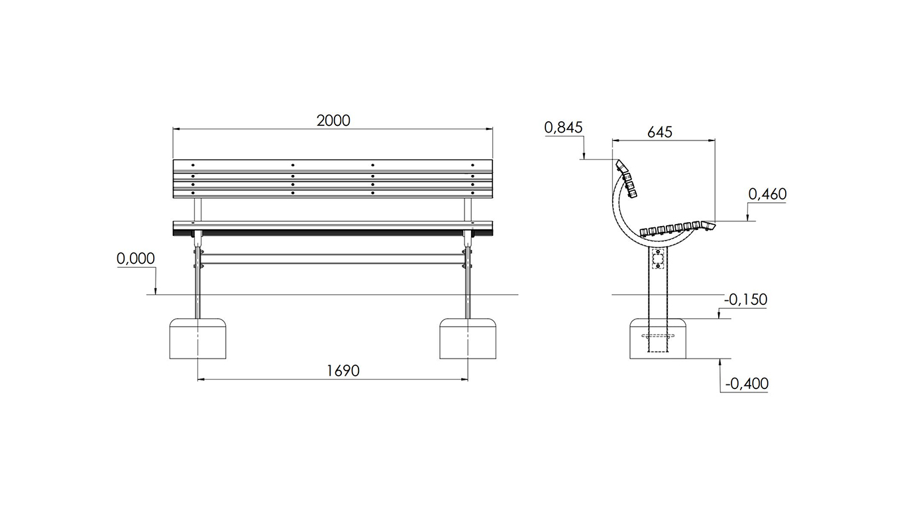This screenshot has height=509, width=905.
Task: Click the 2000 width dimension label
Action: pos(333,121)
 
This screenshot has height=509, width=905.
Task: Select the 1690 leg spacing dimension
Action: pos(343,370)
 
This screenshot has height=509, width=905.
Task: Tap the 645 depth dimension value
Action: pos(660,132)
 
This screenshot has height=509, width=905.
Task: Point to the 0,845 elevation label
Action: pos(563,128)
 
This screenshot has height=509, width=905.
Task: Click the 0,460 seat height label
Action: pos(767,194)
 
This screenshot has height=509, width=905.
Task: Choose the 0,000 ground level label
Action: pos(136,258)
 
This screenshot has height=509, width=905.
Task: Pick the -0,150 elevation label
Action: pos(745,300)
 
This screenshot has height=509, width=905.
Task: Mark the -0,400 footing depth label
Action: pos(747,384)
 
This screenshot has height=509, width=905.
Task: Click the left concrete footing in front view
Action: pos(197,339)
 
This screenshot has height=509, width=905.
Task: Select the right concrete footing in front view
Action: pos(468,339)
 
